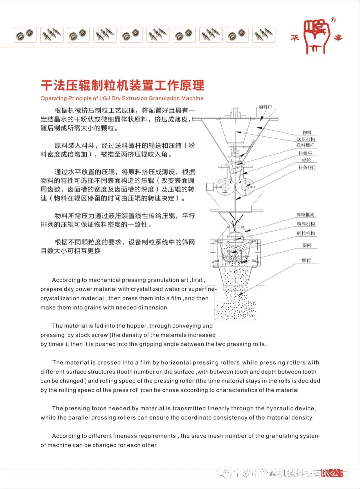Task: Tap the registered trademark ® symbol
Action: (x=333, y=20)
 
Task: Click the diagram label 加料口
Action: (x=265, y=107)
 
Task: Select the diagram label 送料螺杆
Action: (x=305, y=145)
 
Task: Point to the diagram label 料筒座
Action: (x=305, y=153)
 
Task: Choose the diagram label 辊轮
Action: (x=306, y=160)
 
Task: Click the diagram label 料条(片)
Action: (x=307, y=167)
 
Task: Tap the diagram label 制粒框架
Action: (x=305, y=215)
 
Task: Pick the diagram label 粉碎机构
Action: (x=306, y=224)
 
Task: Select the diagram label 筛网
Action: (x=307, y=246)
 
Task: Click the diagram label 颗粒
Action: (x=306, y=261)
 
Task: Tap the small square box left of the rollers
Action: (x=211, y=186)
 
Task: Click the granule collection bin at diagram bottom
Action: (x=235, y=311)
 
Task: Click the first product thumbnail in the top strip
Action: (x=25, y=35)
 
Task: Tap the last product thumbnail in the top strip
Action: (x=264, y=35)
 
